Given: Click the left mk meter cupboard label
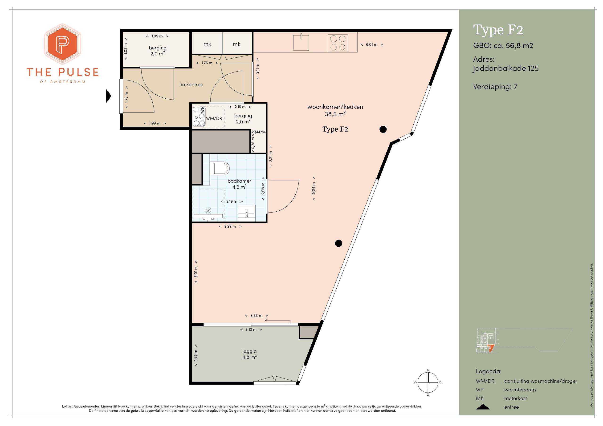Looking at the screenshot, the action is [207, 44].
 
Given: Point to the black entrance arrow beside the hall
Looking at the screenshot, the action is [108, 96].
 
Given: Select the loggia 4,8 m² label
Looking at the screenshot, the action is [249, 354].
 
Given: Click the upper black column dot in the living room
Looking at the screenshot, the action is [383, 129].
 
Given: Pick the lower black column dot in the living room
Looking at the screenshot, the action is [338, 243].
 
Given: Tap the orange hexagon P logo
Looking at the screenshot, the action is [62, 44].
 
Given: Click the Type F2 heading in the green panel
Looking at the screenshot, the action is [498, 30].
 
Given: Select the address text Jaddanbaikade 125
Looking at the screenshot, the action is [505, 68].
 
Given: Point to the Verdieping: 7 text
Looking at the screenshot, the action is [495, 87].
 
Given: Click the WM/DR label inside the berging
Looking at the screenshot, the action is [214, 118].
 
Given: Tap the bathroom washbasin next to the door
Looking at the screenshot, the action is [246, 212].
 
